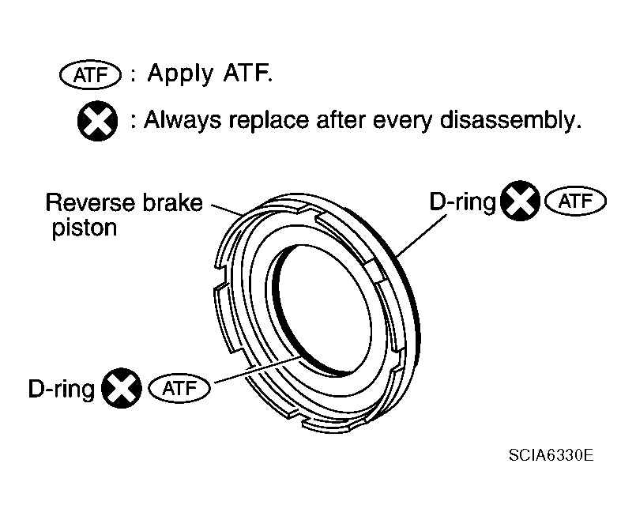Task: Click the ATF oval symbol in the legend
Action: (x=89, y=76)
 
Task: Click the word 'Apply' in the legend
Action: (x=180, y=75)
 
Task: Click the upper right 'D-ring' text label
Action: (x=462, y=202)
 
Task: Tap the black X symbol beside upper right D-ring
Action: (x=521, y=202)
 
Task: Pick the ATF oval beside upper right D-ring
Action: (x=575, y=202)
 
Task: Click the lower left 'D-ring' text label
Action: (x=61, y=388)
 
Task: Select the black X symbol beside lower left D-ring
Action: (x=121, y=388)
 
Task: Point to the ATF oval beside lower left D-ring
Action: (x=183, y=388)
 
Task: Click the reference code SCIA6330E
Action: (x=551, y=456)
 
